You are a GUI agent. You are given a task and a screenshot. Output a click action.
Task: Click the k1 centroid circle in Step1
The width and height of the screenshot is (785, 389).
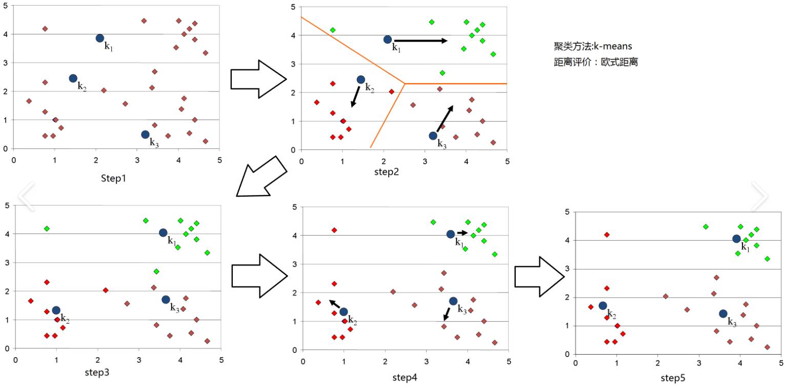click(x=100, y=38)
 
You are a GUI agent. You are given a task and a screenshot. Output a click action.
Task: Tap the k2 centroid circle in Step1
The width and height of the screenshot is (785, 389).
click(x=73, y=78)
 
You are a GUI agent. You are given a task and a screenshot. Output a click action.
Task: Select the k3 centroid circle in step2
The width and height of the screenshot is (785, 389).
click(x=433, y=136)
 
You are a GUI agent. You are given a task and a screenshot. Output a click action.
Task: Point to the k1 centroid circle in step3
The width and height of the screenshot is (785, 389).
click(x=163, y=232)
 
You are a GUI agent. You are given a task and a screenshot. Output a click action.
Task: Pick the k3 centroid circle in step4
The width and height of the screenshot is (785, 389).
click(x=453, y=301)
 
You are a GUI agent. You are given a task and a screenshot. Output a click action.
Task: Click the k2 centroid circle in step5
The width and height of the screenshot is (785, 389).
click(x=603, y=305)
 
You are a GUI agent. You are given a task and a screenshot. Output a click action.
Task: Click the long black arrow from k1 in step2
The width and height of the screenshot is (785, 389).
click(x=421, y=41)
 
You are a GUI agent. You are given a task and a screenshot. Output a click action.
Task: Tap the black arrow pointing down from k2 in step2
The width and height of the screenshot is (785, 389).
click(x=356, y=96)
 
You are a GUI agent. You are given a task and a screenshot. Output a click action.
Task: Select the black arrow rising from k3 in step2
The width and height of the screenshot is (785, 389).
click(x=445, y=118)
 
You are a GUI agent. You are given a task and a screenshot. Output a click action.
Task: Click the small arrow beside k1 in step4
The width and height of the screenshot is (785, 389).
click(x=462, y=232)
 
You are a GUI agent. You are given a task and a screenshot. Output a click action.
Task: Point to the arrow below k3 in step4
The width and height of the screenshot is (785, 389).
click(x=446, y=314)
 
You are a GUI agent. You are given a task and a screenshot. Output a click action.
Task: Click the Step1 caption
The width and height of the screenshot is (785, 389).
click(x=113, y=178)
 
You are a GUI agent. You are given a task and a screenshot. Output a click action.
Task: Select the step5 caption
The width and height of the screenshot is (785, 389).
click(x=673, y=378)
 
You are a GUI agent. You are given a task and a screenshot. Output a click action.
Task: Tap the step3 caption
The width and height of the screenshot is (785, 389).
click(x=97, y=372)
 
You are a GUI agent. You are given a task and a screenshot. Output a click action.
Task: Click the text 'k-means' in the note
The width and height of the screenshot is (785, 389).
click(x=613, y=46)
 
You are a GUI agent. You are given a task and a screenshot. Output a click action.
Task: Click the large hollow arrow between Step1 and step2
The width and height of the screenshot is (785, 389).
click(x=258, y=79)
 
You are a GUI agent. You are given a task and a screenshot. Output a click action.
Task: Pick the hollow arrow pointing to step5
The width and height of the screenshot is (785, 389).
click(x=539, y=277)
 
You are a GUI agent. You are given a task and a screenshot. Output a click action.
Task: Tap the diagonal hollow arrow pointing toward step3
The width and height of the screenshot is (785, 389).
click(x=261, y=177)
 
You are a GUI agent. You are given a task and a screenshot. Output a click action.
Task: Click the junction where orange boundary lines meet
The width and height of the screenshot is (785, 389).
click(x=405, y=84)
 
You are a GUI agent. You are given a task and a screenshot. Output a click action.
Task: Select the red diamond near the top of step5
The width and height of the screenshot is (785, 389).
click(x=607, y=235)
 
